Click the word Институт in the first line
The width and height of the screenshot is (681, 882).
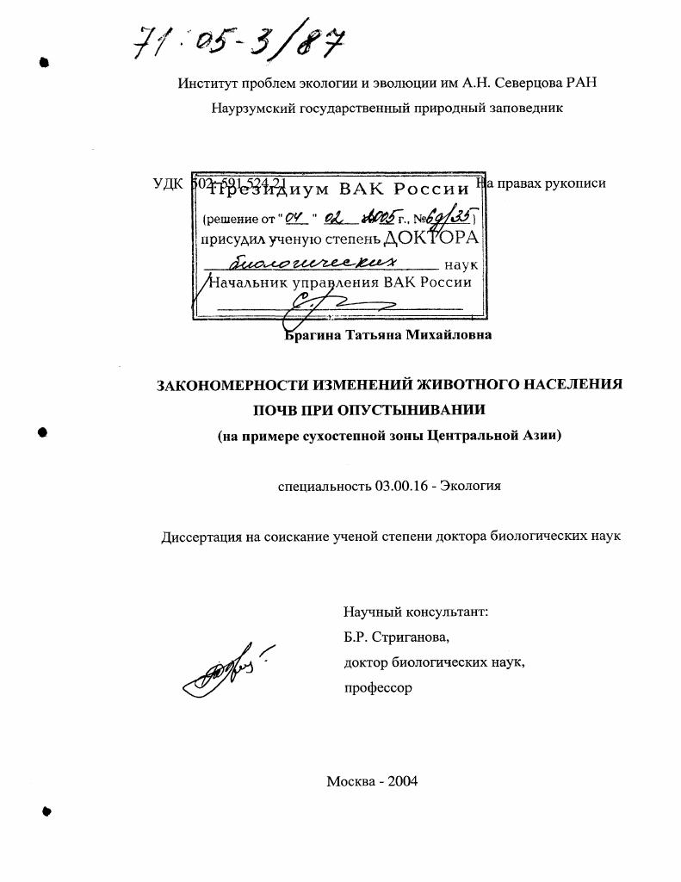click(x=206, y=84)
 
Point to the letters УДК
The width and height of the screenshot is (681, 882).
click(x=167, y=183)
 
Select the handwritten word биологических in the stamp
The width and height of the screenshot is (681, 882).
click(x=331, y=263)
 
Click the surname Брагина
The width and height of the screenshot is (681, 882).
click(x=313, y=335)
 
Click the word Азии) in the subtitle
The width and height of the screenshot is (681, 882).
click(x=542, y=435)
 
